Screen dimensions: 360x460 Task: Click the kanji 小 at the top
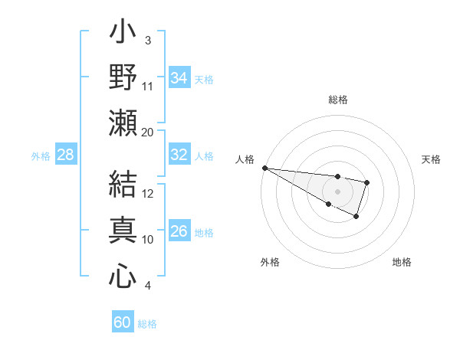[x=123, y=34]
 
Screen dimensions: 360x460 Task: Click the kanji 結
[x=123, y=186]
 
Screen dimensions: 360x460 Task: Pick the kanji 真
[x=123, y=231]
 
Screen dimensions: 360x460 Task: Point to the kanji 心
[x=123, y=276]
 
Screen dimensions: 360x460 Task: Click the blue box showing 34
[x=179, y=78]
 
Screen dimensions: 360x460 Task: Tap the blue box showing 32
[x=179, y=155]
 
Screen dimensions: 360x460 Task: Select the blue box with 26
[x=179, y=231]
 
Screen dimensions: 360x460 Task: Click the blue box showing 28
[x=65, y=155]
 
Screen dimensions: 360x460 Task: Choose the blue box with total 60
[x=123, y=322]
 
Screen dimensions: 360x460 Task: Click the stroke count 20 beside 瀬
[x=148, y=132]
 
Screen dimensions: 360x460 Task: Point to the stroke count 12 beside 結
[x=149, y=193]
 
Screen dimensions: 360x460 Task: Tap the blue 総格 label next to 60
[x=147, y=324]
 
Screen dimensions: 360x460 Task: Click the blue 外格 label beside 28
[x=41, y=156]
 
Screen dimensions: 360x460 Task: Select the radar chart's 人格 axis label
[x=245, y=159]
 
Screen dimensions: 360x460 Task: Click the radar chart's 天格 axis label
[x=432, y=159]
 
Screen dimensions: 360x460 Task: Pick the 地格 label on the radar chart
[x=402, y=262]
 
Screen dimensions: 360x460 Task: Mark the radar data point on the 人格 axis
[x=264, y=168]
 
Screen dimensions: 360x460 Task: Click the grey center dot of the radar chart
[x=337, y=191]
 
